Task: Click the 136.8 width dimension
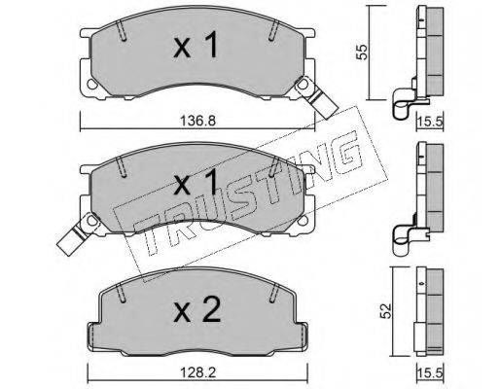click(x=197, y=122)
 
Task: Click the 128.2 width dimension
click(x=197, y=372)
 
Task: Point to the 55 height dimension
click(x=362, y=52)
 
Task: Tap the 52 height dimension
click(x=386, y=311)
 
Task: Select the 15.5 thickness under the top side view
click(x=430, y=123)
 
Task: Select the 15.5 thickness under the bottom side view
click(x=430, y=373)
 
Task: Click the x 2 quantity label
click(x=197, y=309)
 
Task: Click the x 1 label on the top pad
click(x=196, y=46)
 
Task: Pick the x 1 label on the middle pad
click(x=196, y=182)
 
